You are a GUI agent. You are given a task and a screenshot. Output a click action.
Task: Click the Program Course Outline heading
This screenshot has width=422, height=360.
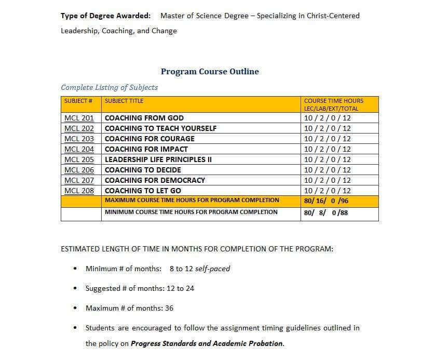coord(210,72)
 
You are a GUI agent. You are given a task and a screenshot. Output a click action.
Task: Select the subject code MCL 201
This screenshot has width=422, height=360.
coord(79,118)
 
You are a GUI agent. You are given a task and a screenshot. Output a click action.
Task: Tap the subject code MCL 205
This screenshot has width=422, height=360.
coord(79,159)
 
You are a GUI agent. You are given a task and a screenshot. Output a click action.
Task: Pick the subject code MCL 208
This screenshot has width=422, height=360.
coord(79,191)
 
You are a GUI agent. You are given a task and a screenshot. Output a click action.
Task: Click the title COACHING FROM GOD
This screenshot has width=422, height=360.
coord(144,118)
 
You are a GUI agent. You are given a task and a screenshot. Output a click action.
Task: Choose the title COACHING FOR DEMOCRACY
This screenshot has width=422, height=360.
coord(155,180)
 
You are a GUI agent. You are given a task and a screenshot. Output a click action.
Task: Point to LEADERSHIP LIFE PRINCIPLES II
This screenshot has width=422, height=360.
coord(158,159)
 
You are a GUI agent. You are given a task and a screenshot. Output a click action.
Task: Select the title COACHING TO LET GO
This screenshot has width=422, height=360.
coord(143,191)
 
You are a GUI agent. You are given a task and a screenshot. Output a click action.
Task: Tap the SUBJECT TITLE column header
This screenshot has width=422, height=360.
coord(124,101)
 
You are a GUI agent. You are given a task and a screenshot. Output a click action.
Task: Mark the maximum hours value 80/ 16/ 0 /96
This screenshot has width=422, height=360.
coord(326,201)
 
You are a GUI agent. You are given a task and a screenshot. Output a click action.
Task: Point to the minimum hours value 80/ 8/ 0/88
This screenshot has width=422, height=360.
coord(325,212)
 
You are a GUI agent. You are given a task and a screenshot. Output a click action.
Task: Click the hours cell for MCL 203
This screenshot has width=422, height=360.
coord(327,139)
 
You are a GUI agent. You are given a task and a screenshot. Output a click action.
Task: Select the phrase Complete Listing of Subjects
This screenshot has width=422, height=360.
coord(109,87)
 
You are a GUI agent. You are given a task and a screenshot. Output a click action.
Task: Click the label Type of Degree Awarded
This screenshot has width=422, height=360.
coord(105,16)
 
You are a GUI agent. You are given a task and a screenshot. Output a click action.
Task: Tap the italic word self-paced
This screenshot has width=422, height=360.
coord(212,269)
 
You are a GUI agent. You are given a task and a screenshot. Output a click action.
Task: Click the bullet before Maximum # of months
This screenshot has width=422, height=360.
coord(76,308)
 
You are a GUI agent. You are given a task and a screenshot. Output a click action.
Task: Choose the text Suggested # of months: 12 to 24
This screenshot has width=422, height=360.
coord(140,288)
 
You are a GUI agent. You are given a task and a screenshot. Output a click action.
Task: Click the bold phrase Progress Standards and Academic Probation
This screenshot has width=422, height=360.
coord(207,343)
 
